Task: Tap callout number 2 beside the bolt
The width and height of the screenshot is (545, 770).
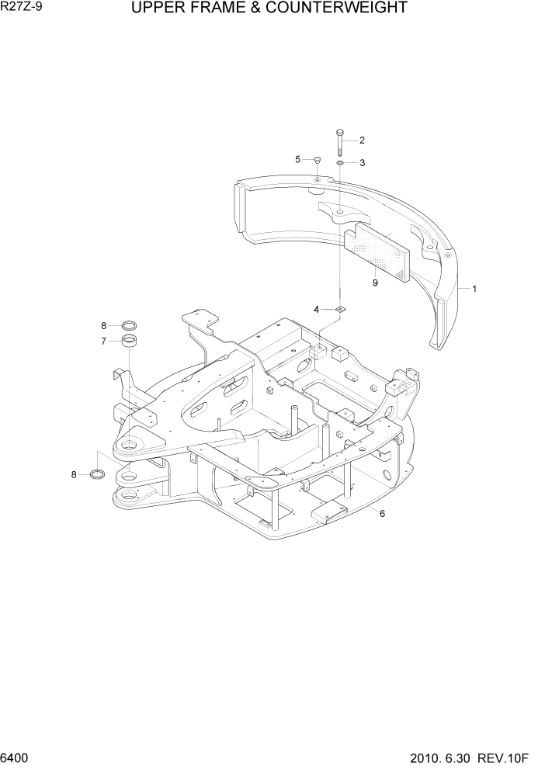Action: pos(362,140)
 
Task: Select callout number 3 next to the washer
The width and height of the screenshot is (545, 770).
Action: pos(362,163)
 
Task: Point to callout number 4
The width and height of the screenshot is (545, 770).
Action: pos(317,310)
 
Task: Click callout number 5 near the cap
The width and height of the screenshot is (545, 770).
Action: pos(297,159)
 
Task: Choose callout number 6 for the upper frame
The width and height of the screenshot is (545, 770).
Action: pos(382,512)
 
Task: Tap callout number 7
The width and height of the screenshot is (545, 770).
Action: pos(102,341)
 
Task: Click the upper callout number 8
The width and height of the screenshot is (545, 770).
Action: pos(102,325)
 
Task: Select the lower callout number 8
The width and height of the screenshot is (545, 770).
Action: pos(75,474)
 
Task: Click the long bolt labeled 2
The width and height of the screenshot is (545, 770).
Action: pos(340,142)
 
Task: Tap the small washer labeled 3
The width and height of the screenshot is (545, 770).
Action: pos(340,163)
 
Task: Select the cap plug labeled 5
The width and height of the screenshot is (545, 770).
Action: pos(318,160)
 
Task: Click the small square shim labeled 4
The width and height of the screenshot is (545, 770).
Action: pos(338,310)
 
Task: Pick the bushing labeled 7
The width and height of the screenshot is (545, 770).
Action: pos(130,342)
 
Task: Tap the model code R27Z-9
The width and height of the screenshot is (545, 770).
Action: pos(23,9)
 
